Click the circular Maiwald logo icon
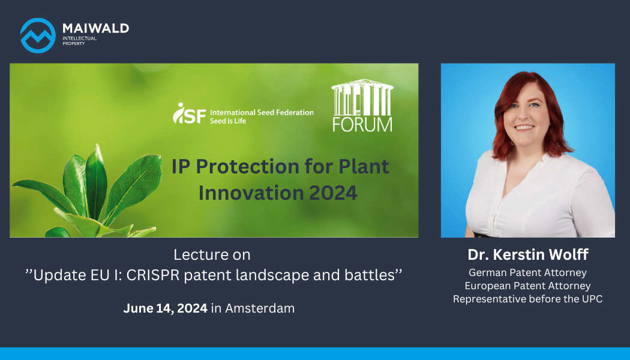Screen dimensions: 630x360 click(x=38, y=35)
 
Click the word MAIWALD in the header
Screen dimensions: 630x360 click(x=95, y=28)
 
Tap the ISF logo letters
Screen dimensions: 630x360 click(x=189, y=113)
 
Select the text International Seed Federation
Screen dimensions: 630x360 click(x=262, y=113)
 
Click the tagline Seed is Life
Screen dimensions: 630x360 click(x=228, y=121)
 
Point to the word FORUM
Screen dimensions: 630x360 click(x=362, y=125)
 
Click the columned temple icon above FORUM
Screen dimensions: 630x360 click(x=362, y=97)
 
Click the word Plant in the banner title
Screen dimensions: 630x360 click(x=364, y=166)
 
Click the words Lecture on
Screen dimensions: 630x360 click(x=212, y=255)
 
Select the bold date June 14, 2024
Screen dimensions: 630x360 click(x=165, y=308)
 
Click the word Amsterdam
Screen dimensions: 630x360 click(x=260, y=308)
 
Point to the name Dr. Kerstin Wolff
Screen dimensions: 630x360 click(x=528, y=254)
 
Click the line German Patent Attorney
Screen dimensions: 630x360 click(x=527, y=273)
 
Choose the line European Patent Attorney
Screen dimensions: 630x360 click(x=527, y=286)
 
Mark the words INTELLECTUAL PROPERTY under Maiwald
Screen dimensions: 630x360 click(x=80, y=41)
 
